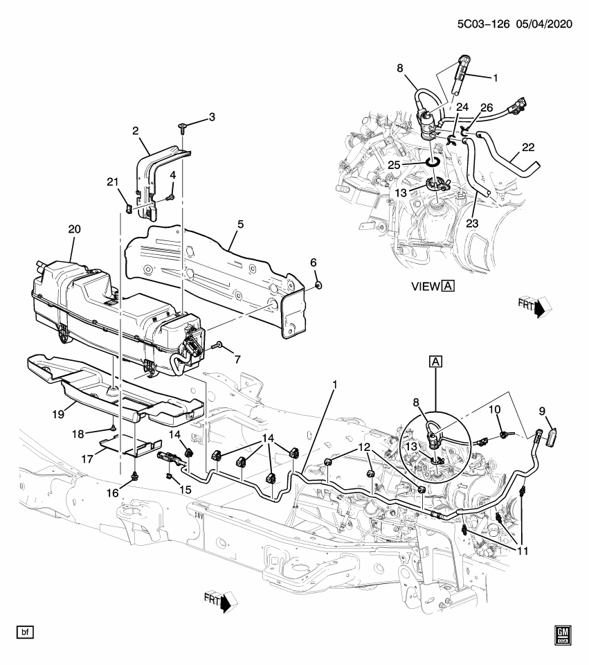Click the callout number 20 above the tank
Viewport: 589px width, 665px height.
[74, 229]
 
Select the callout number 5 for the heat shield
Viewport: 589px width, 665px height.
[240, 224]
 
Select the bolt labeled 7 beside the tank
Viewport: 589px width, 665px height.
[218, 344]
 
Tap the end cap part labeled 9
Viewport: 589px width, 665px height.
[553, 438]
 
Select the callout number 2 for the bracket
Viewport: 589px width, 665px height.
[136, 130]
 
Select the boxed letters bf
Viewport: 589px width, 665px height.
[26, 632]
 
